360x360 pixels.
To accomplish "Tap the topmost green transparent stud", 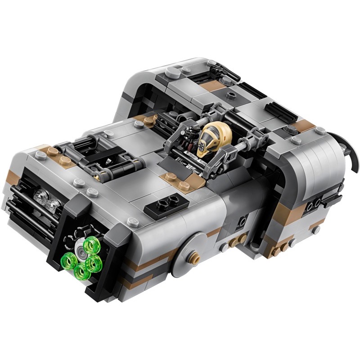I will [95, 246].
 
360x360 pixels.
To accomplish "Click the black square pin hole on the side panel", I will [243, 221].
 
